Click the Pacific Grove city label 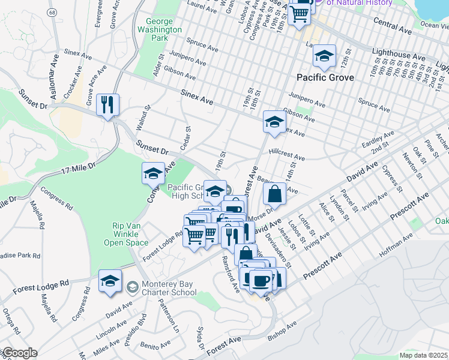point(325,78)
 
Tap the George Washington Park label point(159,29)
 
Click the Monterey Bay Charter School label point(168,288)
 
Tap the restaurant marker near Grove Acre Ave point(108,105)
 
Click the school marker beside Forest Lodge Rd point(110,281)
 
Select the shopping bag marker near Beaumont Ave point(274,194)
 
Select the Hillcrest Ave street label point(287,154)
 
